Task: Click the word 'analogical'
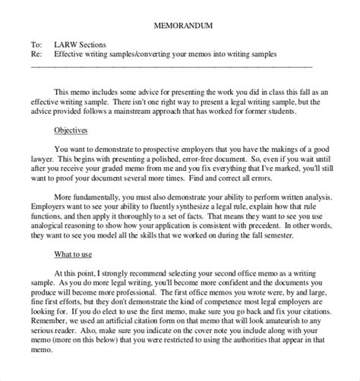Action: (x=90, y=233)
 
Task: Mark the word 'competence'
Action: (x=216, y=306)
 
